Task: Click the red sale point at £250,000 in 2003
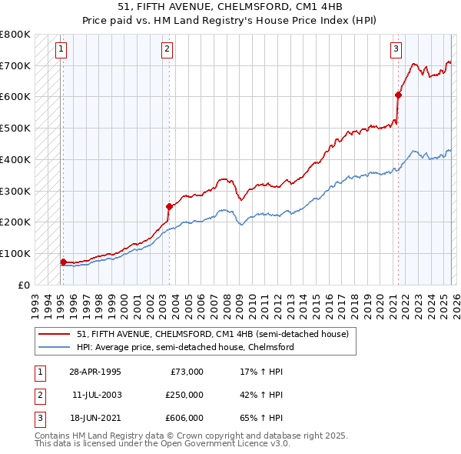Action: tap(169, 206)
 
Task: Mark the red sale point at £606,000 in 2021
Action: tap(398, 95)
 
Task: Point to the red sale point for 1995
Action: tap(63, 262)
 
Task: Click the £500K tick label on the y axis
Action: tap(15, 128)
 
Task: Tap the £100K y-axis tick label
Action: tap(15, 253)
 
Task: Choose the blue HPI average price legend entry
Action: tap(185, 347)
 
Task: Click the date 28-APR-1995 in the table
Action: tap(95, 372)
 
